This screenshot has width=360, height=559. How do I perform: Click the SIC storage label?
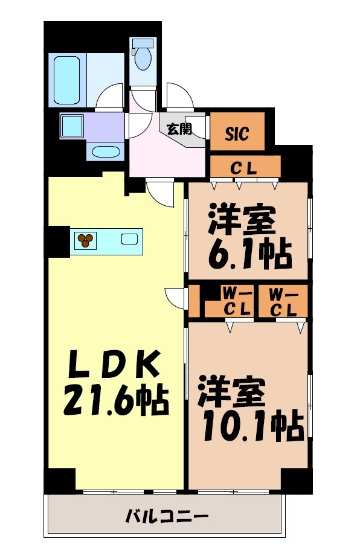tap(237, 134)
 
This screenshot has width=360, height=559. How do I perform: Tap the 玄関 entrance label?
tap(179, 128)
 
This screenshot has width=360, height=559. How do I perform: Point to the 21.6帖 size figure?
tap(116, 401)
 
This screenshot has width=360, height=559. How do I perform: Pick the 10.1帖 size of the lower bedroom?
tap(249, 427)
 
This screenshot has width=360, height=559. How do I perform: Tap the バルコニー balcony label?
tap(167, 517)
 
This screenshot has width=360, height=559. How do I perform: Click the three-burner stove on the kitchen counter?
tap(85, 240)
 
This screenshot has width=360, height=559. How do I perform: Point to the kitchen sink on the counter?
tap(129, 238)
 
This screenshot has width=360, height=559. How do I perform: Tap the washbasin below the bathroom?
tap(105, 152)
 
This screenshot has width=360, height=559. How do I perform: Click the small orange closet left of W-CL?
tap(194, 301)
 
